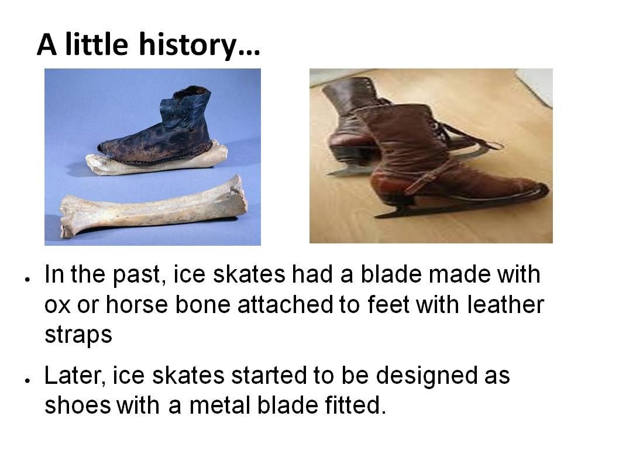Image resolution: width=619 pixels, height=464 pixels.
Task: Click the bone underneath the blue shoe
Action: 157,159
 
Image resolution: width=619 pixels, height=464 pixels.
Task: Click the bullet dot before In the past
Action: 27,279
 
